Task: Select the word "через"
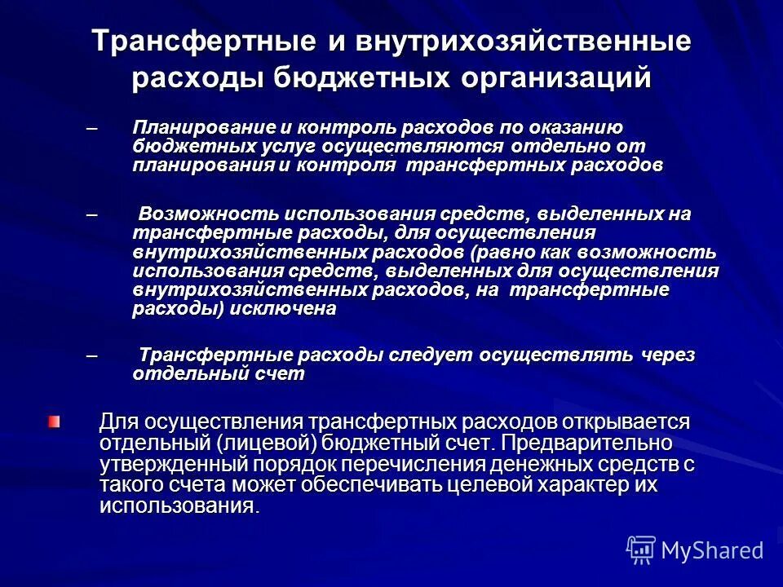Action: pyautogui.click(x=667, y=356)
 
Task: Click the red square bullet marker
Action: pyautogui.click(x=54, y=421)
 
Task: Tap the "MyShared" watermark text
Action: pyautogui.click(x=712, y=550)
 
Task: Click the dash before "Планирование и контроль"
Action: pyautogui.click(x=91, y=128)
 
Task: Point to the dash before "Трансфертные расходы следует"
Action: pyautogui.click(x=91, y=356)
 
